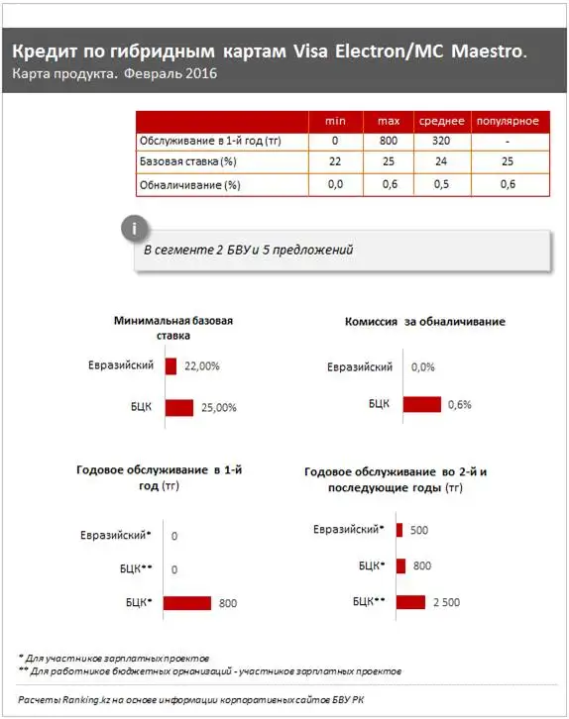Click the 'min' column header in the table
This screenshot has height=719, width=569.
(x=335, y=120)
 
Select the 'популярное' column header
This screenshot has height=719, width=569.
(x=508, y=120)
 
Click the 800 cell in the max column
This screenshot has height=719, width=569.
(x=388, y=141)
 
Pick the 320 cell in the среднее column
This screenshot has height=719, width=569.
(x=442, y=141)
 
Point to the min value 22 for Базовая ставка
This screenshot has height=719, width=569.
(x=335, y=161)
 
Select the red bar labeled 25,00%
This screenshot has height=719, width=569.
(x=178, y=407)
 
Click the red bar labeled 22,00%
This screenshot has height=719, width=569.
(x=171, y=366)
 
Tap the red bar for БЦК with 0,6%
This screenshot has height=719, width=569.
(x=420, y=404)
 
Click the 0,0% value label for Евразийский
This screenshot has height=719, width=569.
(x=422, y=367)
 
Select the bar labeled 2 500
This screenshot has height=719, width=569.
(x=409, y=601)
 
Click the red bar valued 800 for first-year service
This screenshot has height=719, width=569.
(x=187, y=602)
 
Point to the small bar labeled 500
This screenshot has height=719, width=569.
(x=399, y=530)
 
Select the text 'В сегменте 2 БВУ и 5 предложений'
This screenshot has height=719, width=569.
(x=248, y=251)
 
